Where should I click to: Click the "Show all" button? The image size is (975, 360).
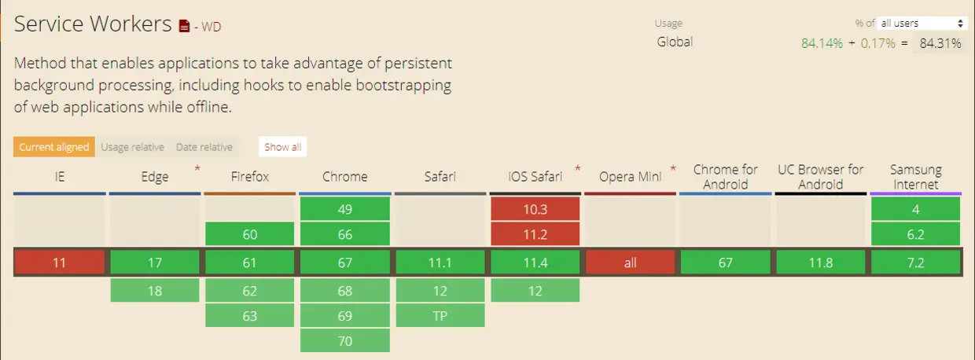coord(282,147)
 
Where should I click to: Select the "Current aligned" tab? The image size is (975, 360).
coord(54,147)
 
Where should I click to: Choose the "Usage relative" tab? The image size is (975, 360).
coord(132,147)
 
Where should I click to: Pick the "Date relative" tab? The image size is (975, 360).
coord(204,147)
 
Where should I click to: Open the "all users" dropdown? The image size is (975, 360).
coord(922,24)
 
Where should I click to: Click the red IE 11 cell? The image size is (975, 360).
coord(60,263)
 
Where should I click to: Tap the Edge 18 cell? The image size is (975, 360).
coord(155,291)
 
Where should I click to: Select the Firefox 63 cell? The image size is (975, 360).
coord(250,316)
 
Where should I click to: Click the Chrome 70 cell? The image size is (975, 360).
coord(345,341)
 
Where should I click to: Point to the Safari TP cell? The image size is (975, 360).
coord(440,316)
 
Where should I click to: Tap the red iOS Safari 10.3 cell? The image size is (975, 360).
coord(535,209)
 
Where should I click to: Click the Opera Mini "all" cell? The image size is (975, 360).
coord(631,263)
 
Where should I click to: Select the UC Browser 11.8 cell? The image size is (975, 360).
coord(821,263)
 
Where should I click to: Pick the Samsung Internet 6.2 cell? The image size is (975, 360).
coord(916,234)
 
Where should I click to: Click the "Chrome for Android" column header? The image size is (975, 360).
coord(726,177)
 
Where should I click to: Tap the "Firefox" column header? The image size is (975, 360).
coord(250,177)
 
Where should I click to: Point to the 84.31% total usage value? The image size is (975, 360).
coord(940,44)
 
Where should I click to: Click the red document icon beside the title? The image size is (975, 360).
coord(184,26)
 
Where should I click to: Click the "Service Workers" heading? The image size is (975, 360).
coord(93,24)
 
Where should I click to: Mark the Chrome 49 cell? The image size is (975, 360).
coord(345,209)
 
